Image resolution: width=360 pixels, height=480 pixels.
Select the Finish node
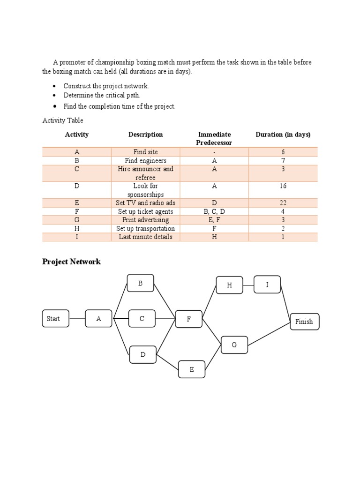[304, 322]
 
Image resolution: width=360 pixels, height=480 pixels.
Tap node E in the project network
[191, 369]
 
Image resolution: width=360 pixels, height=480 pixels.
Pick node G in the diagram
[234, 345]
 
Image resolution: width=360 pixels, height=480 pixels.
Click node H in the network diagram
[229, 285]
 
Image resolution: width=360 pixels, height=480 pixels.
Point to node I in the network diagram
[267, 285]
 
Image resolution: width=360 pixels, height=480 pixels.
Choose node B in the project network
[140, 284]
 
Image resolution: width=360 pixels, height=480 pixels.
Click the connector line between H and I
[248, 285]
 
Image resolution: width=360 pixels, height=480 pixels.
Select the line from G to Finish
[269, 334]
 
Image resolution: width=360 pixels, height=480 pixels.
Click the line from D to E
[167, 361]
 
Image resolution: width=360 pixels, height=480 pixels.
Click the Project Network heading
[71, 262]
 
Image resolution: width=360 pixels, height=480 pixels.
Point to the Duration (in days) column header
[283, 135]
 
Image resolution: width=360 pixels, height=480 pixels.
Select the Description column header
[145, 135]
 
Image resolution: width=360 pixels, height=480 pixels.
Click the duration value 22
[283, 203]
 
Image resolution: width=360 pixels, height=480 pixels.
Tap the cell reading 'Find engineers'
[145, 160]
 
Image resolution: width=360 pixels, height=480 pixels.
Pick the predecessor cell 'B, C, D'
[214, 211]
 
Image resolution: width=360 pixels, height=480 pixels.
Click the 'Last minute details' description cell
[145, 237]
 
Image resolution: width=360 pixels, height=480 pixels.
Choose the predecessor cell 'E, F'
[214, 220]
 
